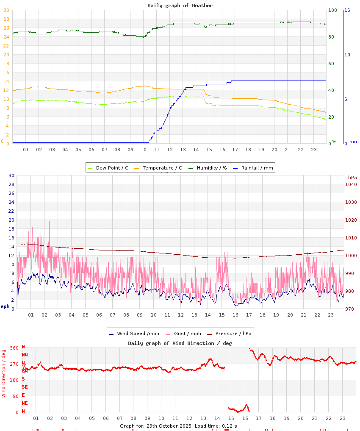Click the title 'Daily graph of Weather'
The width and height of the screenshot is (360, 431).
(180, 6)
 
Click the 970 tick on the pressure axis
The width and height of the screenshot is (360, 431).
(351, 309)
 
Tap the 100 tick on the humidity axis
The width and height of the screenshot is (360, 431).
(332, 10)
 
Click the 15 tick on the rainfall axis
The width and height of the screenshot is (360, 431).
(347, 10)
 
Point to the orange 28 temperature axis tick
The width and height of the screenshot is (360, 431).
(6, 19)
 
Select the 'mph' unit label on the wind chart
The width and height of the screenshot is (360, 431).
(5, 306)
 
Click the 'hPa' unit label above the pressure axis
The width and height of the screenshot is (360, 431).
(352, 177)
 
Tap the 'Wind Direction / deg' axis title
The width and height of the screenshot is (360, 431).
(4, 373)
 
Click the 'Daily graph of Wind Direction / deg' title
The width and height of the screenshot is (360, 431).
(180, 343)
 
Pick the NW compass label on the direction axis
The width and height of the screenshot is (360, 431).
(25, 355)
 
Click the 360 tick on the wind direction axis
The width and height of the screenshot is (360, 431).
(14, 348)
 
